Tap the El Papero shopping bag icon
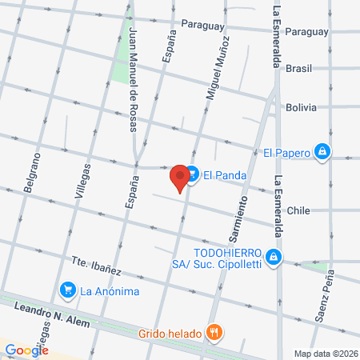[322, 151]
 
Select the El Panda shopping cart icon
[192, 175]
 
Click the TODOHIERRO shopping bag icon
[274, 256]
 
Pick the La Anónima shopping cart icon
[68, 290]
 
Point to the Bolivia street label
[301, 107]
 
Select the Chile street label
[298, 210]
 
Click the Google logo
[26, 350]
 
